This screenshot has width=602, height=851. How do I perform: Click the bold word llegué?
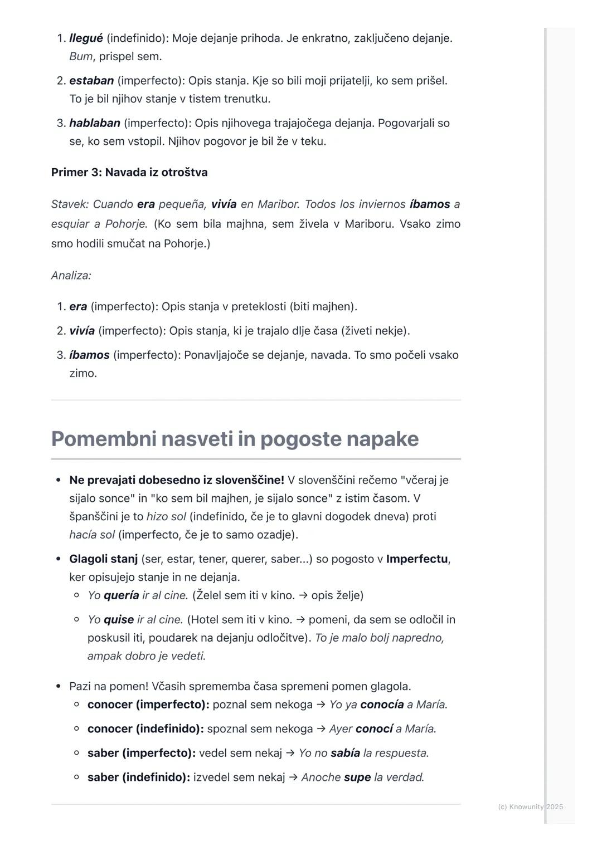coord(86,38)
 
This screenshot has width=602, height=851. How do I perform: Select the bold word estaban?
coord(91,81)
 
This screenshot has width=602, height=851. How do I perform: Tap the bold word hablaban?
coord(95,123)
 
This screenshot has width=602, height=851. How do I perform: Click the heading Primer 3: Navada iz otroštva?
coord(129,172)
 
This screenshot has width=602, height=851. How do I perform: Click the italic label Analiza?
coord(71,275)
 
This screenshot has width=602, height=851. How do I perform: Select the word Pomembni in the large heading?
coord(103,439)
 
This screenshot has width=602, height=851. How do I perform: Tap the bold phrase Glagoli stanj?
coord(103,559)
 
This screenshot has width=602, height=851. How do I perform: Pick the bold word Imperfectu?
coord(417,559)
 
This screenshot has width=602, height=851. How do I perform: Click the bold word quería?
coord(121,595)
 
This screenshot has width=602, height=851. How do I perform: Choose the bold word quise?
coord(119,620)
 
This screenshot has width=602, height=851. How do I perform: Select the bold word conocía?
coord(382,705)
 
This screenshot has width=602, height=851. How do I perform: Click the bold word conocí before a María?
coord(374,729)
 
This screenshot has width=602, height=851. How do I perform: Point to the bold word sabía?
coord(345,753)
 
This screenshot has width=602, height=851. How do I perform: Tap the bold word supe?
coord(357,777)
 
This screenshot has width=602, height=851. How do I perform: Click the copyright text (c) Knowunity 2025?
coord(530,806)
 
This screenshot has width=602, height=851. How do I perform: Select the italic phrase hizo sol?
coord(166,517)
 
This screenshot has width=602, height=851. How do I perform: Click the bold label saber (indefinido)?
coord(139,777)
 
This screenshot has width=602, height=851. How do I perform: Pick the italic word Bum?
coord(81,57)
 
